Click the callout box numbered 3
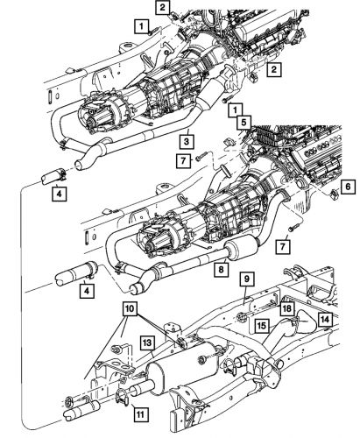[187, 140]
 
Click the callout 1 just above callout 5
[236, 109]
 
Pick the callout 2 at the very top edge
[163, 7]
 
